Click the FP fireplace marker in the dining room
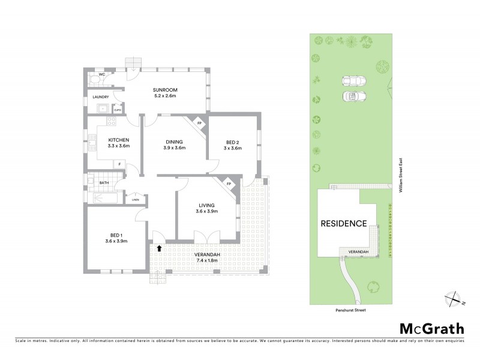pyautogui.click(x=200, y=124)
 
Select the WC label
pyautogui.click(x=94, y=74)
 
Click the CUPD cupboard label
pyautogui.click(x=118, y=110)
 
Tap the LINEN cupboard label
pyautogui.click(x=136, y=200)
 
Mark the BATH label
pyautogui.click(x=104, y=182)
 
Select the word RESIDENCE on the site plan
pyautogui.click(x=343, y=224)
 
